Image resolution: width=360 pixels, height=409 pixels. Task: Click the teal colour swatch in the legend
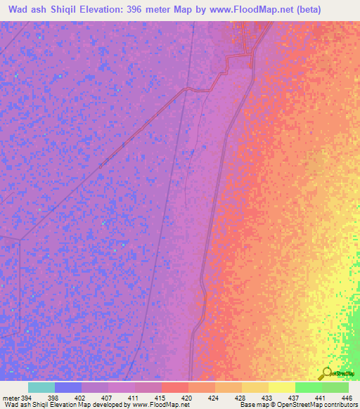click(x=41, y=387)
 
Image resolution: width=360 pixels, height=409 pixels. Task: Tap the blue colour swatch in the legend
click(x=68, y=387)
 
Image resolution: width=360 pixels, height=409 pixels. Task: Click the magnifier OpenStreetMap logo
click(x=326, y=373)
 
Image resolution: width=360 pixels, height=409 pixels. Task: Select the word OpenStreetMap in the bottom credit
click(x=285, y=405)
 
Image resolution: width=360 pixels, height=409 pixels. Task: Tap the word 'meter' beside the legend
click(x=11, y=397)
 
